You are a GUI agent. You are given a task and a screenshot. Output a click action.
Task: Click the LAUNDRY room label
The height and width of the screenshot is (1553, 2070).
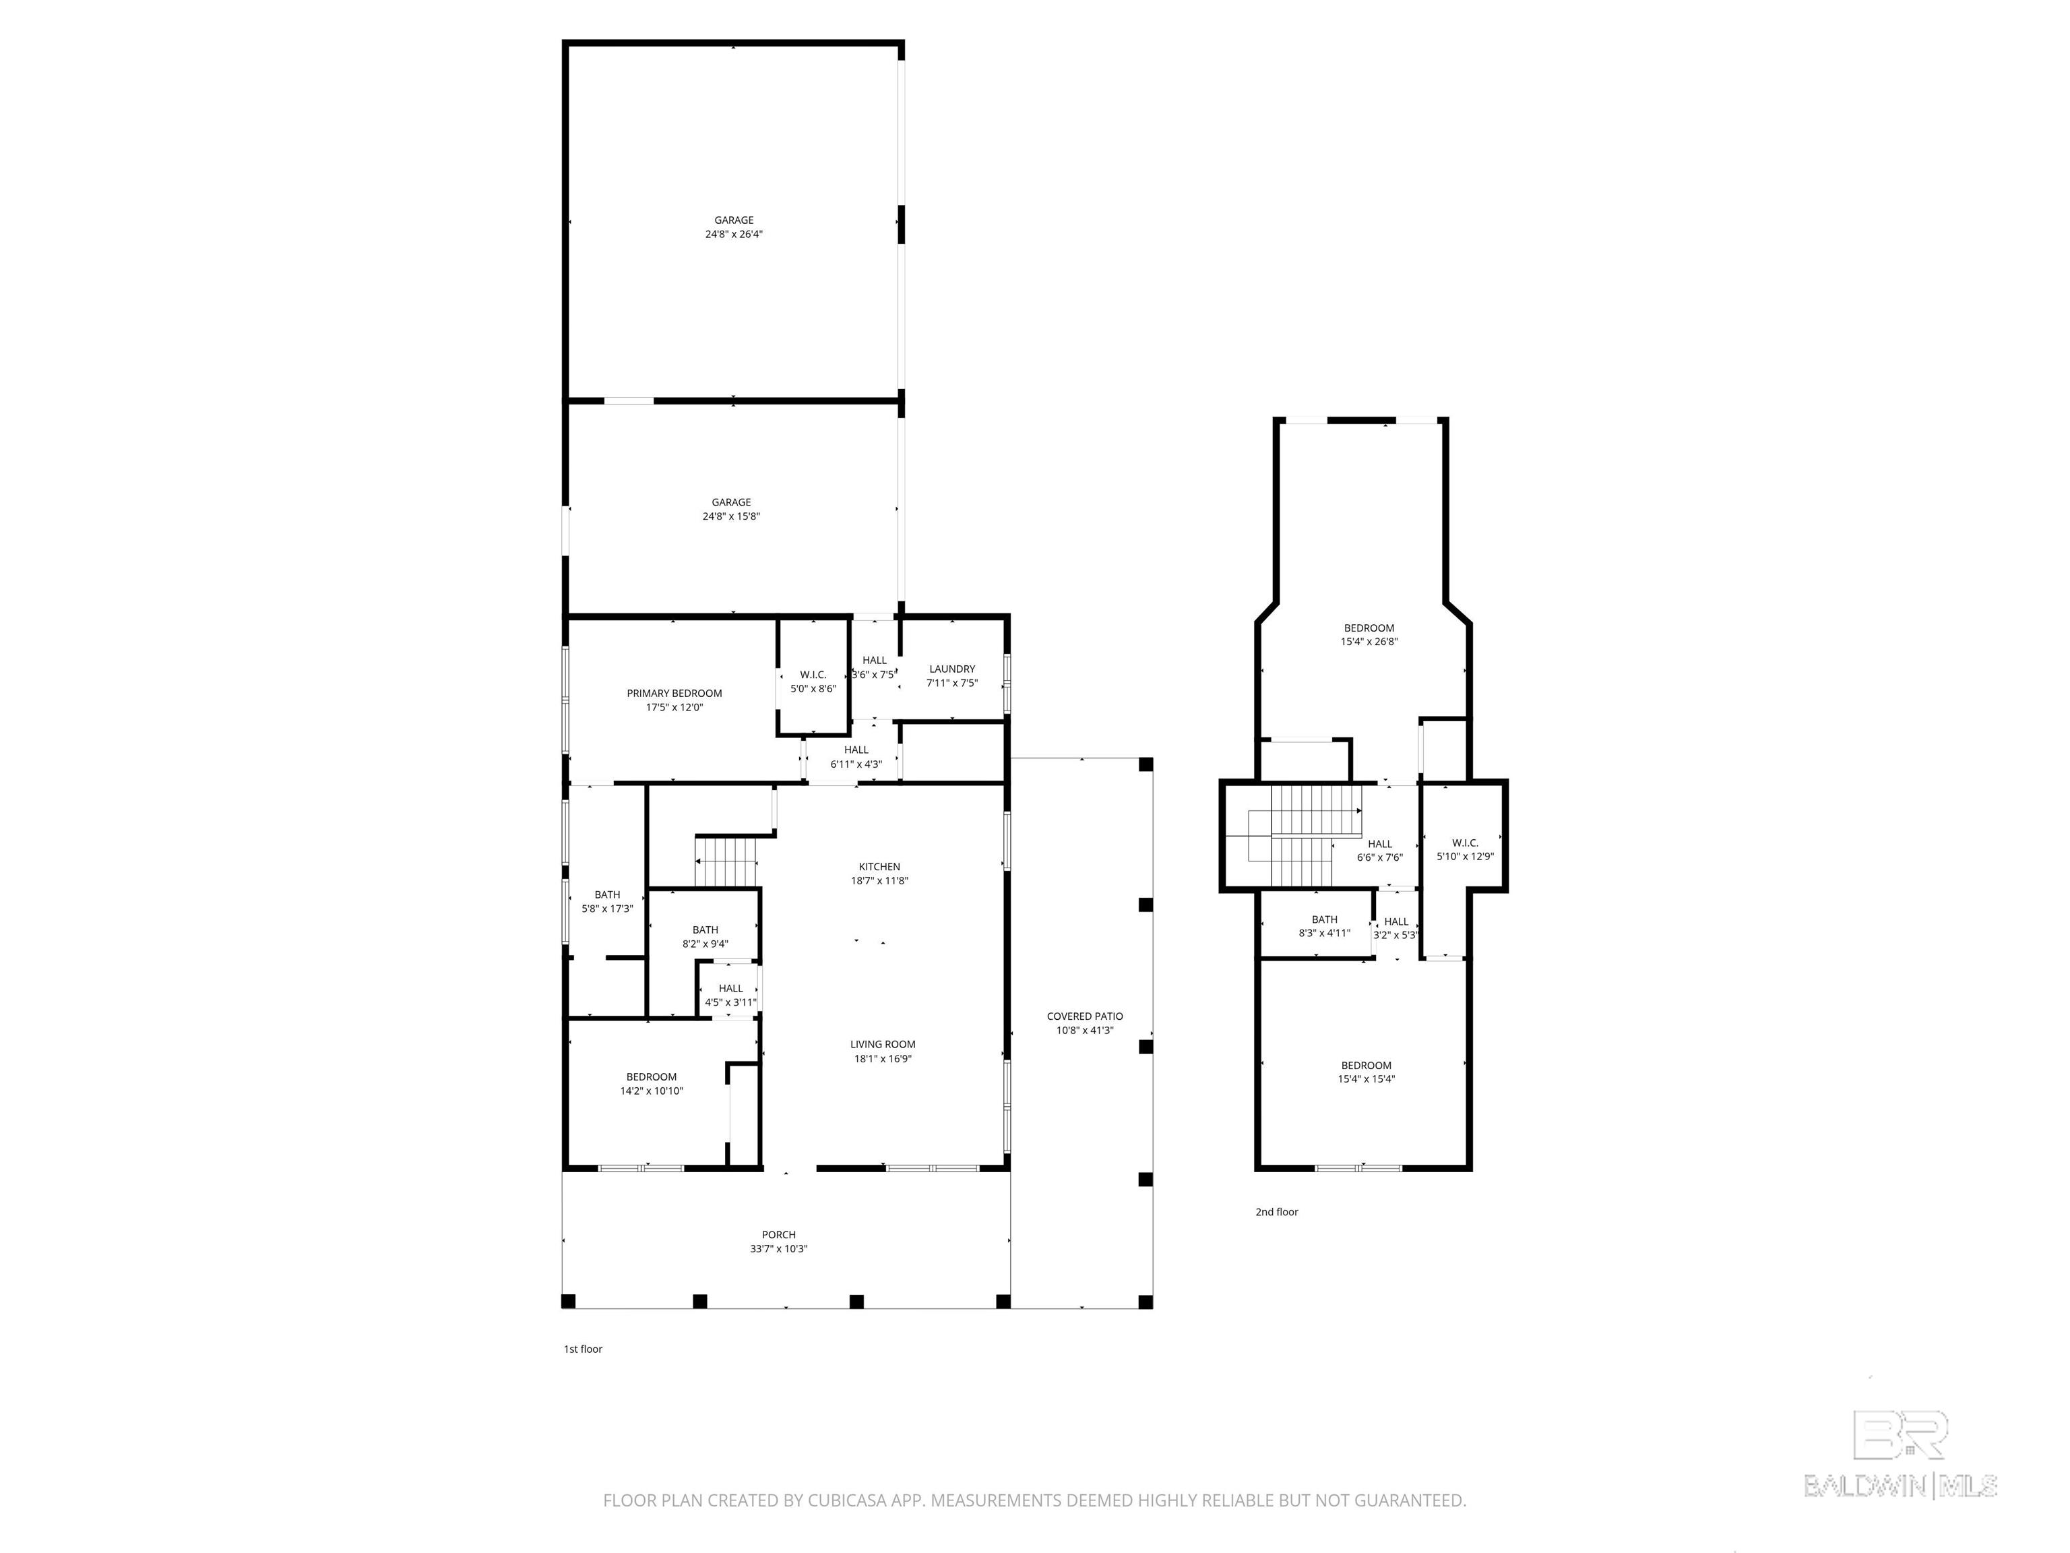(x=951, y=669)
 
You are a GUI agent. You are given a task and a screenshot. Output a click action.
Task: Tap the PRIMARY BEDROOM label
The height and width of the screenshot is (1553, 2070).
(x=674, y=693)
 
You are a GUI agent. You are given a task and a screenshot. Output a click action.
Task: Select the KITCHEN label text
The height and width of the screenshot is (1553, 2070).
(x=879, y=866)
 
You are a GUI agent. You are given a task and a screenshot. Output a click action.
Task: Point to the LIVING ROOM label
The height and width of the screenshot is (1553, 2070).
(x=883, y=1043)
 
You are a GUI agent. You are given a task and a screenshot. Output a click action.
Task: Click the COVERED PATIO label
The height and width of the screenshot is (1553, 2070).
(x=1085, y=1016)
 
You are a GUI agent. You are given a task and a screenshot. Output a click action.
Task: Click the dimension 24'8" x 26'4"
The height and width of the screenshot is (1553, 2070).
(x=734, y=234)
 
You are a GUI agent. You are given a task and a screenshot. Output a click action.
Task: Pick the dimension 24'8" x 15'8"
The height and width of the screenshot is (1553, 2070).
(x=731, y=516)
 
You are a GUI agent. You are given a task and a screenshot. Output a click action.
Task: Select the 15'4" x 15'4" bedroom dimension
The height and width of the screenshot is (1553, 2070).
(x=1367, y=1079)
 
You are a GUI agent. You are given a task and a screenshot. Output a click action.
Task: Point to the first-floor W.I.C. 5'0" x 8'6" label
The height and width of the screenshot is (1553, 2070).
(x=813, y=681)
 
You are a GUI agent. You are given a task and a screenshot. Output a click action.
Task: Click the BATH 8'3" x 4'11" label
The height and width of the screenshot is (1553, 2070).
(x=1324, y=926)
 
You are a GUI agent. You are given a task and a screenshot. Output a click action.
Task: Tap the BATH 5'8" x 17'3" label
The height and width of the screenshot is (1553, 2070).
(x=607, y=901)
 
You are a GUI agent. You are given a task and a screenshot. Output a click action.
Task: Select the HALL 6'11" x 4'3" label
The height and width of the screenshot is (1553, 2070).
(x=856, y=756)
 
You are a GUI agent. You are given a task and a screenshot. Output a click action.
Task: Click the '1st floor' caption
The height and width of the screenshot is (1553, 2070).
(x=583, y=1349)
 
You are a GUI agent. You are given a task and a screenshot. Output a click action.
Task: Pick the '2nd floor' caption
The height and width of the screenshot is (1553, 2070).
(x=1276, y=1211)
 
